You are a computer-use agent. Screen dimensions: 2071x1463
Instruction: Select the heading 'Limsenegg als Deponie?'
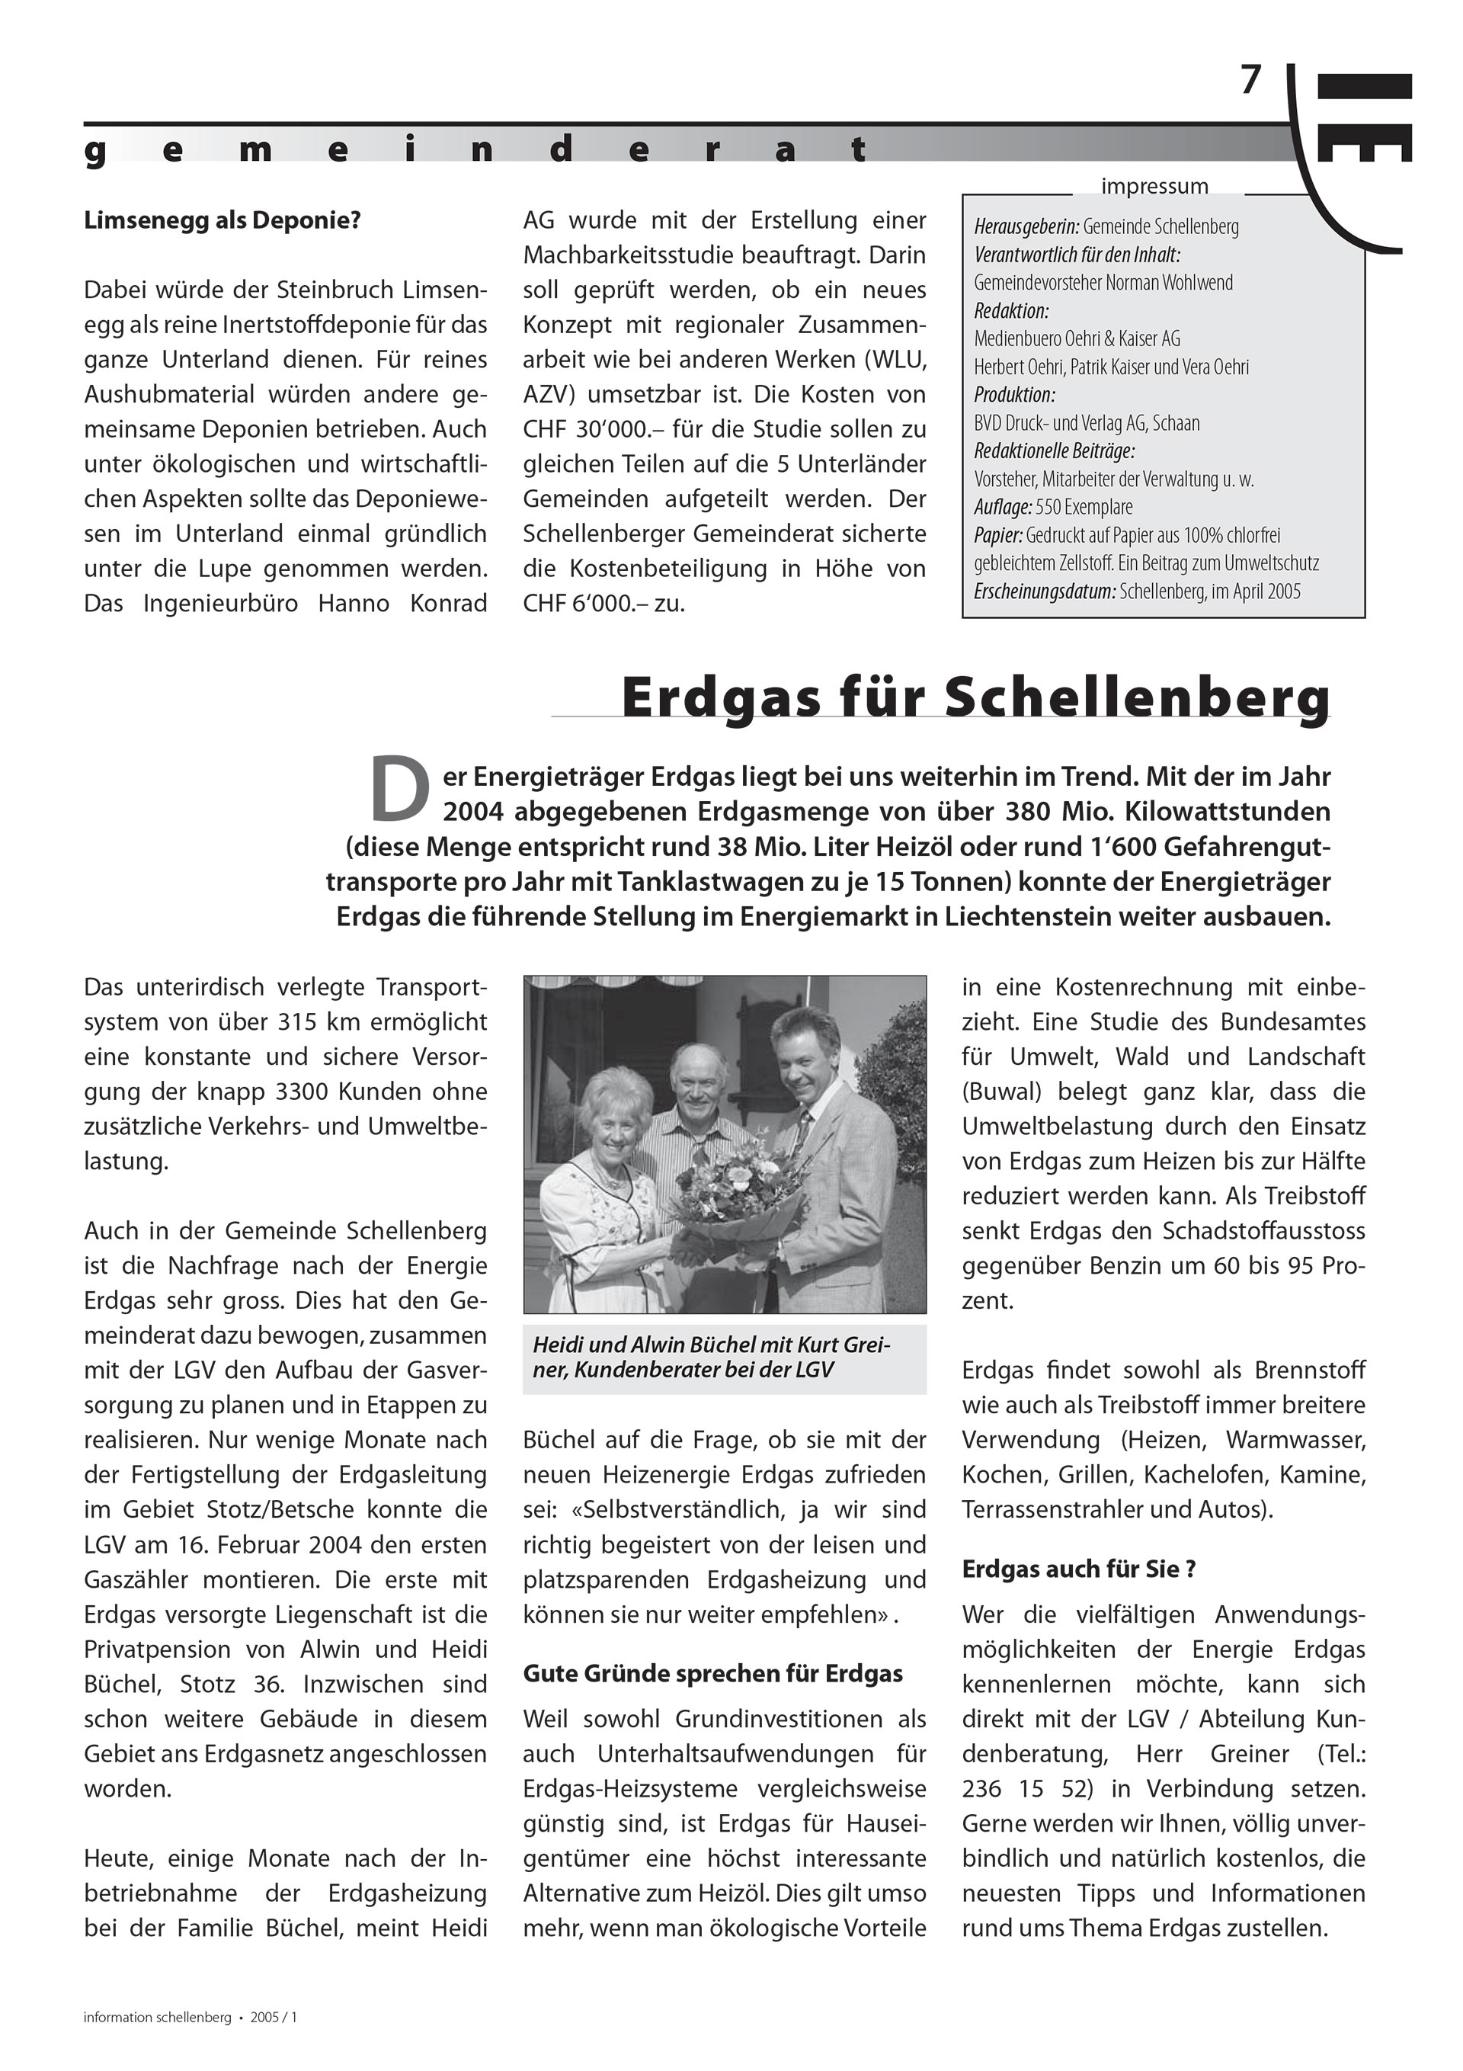pyautogui.click(x=222, y=221)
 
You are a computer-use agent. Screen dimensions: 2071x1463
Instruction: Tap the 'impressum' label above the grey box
pyautogui.click(x=1154, y=187)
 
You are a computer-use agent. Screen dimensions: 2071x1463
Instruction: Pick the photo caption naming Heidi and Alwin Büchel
pyautogui.click(x=712, y=1358)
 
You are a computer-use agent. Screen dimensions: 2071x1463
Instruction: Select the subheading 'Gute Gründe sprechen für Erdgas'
pyautogui.click(x=712, y=1674)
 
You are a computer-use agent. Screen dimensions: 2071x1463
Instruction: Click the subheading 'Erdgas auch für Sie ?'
pyautogui.click(x=1079, y=1569)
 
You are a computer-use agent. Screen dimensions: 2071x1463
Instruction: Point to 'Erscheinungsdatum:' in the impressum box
pyautogui.click(x=1045, y=591)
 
